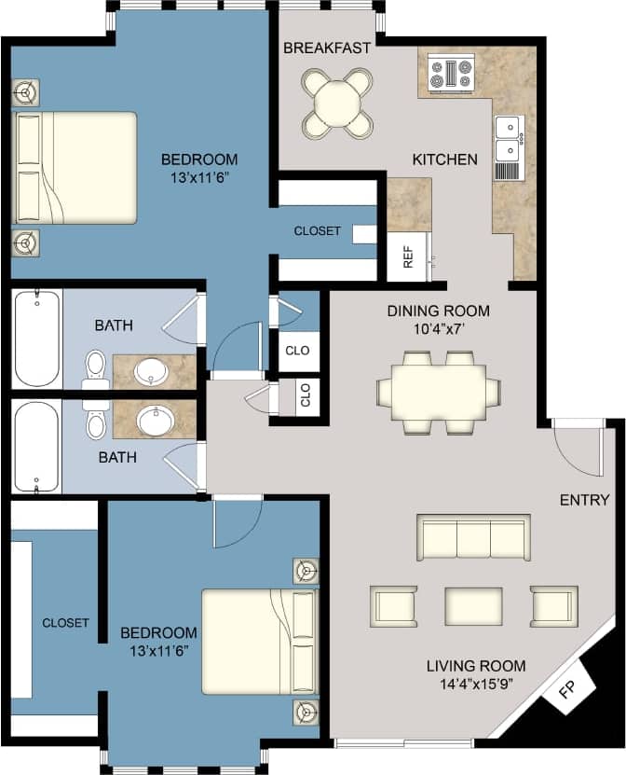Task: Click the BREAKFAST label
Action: coord(327,48)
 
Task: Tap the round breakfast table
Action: coord(336,102)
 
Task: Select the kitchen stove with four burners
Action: coord(452,74)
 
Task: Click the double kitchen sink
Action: coord(509,138)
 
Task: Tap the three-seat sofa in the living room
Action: coord(473,538)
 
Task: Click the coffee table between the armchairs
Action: coord(473,606)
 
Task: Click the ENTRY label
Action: coord(584,500)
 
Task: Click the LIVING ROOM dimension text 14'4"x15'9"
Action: coord(476,685)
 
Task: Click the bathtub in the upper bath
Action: coord(36,339)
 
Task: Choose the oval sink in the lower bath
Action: coord(155,422)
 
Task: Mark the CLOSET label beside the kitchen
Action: coord(317,230)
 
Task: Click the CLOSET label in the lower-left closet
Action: coord(65,622)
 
